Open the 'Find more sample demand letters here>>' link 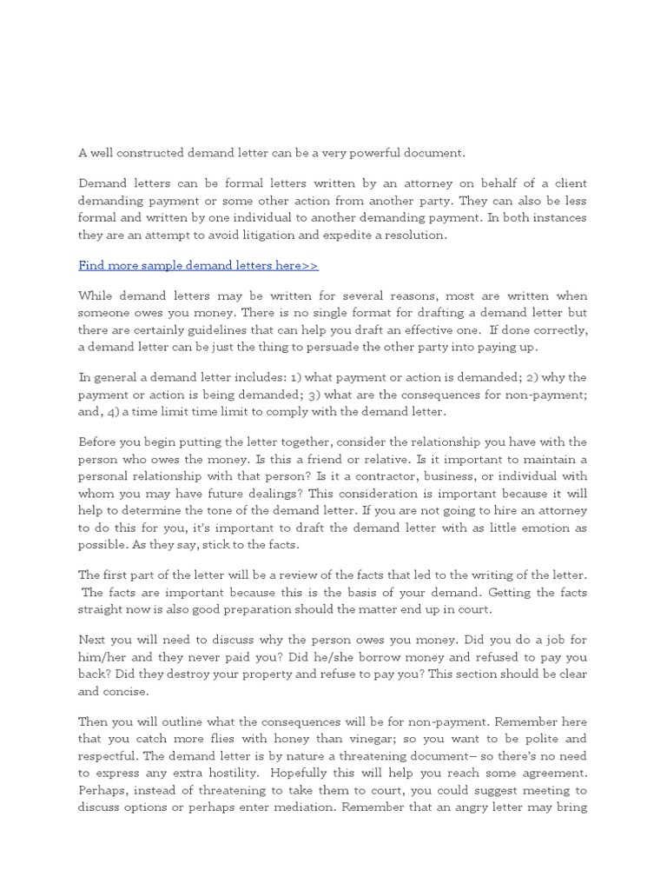click(x=198, y=265)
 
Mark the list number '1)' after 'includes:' click(x=281, y=378)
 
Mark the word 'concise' click(x=127, y=692)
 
